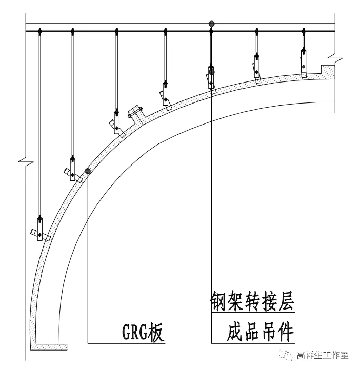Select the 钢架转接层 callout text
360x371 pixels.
252,301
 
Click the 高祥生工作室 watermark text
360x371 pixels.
323,355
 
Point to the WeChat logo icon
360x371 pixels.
285,355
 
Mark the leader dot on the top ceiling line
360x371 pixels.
211,24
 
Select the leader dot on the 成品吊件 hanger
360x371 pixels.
211,72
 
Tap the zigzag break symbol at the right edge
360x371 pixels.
333,54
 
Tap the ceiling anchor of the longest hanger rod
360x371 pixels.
40,32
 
